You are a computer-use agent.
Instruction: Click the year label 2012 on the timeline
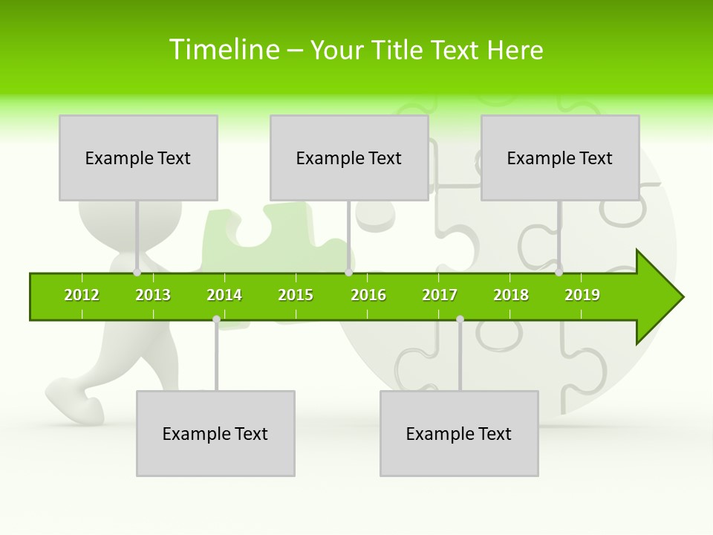[82, 296]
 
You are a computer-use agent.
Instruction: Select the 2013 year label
[153, 296]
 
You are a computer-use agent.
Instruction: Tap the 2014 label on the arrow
[224, 296]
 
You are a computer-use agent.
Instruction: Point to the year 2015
[296, 296]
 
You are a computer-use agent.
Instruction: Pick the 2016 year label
[368, 296]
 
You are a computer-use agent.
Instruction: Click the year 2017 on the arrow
[440, 296]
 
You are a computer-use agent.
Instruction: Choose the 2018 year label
[511, 296]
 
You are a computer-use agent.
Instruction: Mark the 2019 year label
[582, 296]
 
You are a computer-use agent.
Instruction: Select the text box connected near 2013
[138, 158]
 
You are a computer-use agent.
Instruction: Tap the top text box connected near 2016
[349, 158]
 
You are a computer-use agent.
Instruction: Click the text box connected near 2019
[560, 158]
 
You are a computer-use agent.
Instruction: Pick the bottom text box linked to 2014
[215, 434]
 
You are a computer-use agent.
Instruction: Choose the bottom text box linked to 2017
[459, 434]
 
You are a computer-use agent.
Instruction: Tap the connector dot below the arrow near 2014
[216, 320]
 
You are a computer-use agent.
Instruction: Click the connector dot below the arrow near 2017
[460, 320]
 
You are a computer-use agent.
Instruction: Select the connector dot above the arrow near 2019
[559, 273]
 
